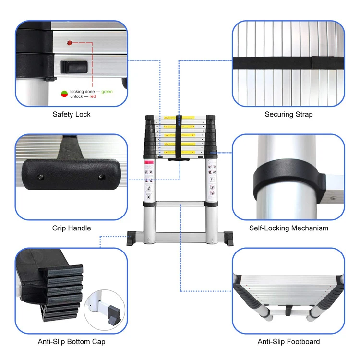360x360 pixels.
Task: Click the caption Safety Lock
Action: pos(72,114)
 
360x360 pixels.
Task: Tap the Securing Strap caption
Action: pos(288,114)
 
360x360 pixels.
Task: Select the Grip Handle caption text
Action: pos(72,228)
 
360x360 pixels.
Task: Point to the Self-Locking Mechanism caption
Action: pos(288,228)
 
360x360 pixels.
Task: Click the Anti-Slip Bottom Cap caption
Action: pos(72,342)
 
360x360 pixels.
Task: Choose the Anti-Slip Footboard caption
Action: pos(288,342)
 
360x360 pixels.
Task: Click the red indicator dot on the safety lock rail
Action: pos(70,43)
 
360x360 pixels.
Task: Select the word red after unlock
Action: pos(92,96)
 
